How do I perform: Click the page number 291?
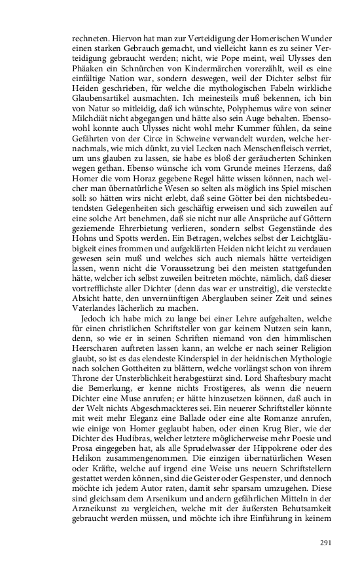point(328,543)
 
